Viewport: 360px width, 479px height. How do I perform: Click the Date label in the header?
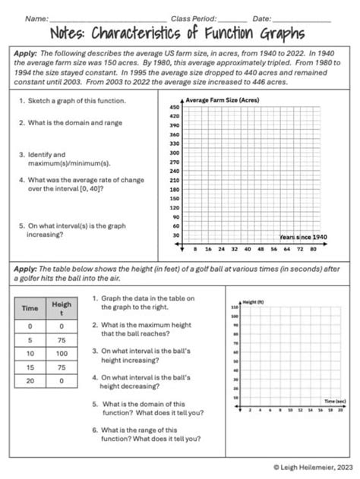[261, 17]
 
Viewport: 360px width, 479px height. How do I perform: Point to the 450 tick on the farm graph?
[174, 108]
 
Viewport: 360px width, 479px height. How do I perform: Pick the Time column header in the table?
[30, 309]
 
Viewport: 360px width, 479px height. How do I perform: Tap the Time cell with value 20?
[30, 381]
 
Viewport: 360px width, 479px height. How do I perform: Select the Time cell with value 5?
[30, 339]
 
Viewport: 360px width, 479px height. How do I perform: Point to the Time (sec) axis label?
[334, 399]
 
